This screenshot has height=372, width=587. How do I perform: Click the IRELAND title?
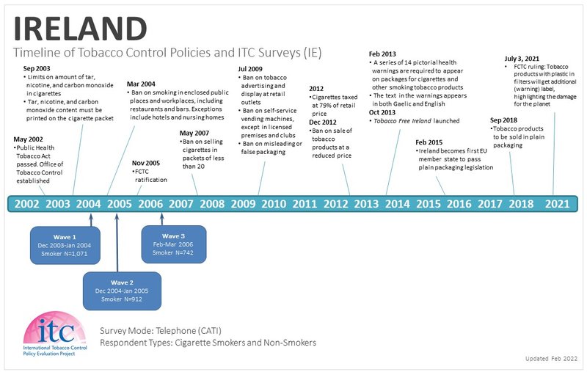coord(81,27)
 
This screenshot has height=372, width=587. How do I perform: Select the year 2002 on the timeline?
coord(27,204)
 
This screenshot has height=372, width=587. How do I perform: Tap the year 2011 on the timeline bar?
coord(305,204)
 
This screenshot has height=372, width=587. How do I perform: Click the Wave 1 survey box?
coord(64,245)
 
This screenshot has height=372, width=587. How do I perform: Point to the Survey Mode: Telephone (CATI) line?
coord(159,331)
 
